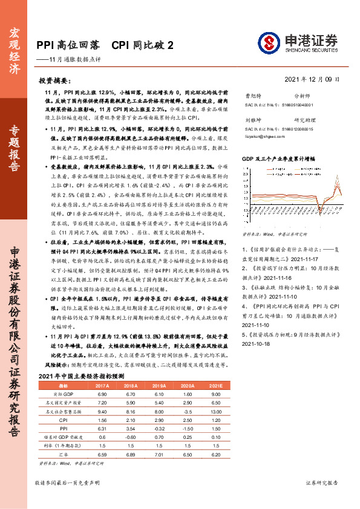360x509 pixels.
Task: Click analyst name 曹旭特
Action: click(x=253, y=96)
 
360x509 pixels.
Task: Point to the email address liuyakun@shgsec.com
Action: click(x=261, y=137)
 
